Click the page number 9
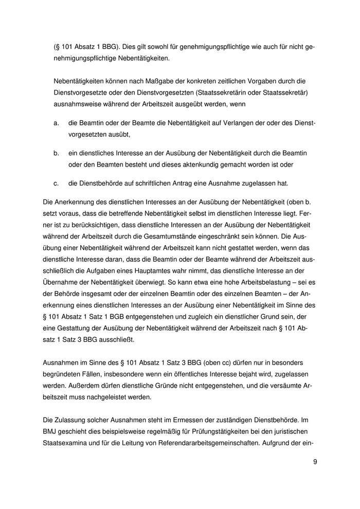click(315, 461)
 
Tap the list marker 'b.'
click(56, 153)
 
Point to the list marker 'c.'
click(56, 183)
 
